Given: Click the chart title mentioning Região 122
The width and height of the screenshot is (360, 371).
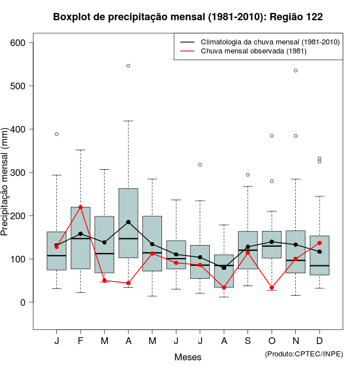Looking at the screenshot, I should coord(187,17).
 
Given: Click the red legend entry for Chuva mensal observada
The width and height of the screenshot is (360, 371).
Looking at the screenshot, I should coord(250,51).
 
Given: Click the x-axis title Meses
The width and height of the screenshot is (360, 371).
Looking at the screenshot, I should coord(187,357).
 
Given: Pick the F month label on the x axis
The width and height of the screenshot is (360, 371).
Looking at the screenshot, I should coord(80,341).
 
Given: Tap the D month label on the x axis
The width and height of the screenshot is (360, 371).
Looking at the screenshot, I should coord(319,341).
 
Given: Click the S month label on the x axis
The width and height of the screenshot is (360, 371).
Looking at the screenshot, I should coord(247,341).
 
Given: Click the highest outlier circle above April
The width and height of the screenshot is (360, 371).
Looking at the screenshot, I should coord(128,66).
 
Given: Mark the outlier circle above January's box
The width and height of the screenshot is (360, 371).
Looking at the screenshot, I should coord(57,134).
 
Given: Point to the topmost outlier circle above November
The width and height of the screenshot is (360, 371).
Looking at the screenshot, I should coord(296,70).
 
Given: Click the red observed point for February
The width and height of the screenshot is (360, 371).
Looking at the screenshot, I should coord(80,207).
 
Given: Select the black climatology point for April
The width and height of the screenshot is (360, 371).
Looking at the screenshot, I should coord(128,222).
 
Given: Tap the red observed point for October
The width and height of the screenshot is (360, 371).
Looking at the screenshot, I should coord(272,288).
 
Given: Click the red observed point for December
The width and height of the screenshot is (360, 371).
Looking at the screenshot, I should coord(319,243).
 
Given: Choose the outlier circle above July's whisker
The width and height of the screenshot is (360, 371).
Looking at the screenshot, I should coord(200,165).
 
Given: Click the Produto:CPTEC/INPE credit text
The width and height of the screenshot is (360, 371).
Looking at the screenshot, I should coord(304,354).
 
